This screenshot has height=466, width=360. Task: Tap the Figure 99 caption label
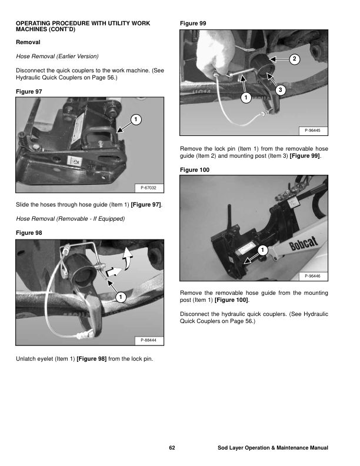pos(194,23)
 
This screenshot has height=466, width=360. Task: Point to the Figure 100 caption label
pos(196,170)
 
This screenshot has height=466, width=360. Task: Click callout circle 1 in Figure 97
pos(135,120)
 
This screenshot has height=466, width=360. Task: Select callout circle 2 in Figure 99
pos(295,59)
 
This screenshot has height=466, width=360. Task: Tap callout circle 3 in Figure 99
pos(281,89)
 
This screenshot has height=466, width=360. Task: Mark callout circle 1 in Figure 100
pos(262,251)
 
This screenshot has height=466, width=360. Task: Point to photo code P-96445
pos(313,131)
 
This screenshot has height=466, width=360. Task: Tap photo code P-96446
pos(313,277)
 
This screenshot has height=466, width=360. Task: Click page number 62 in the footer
pos(172,448)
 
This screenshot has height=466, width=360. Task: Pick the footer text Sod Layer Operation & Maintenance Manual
pos(272,448)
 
